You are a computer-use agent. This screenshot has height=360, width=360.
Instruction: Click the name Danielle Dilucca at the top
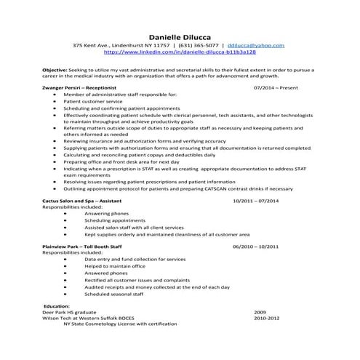coord(180,36)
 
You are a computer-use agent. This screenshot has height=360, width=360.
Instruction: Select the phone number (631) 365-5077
coord(196,46)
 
